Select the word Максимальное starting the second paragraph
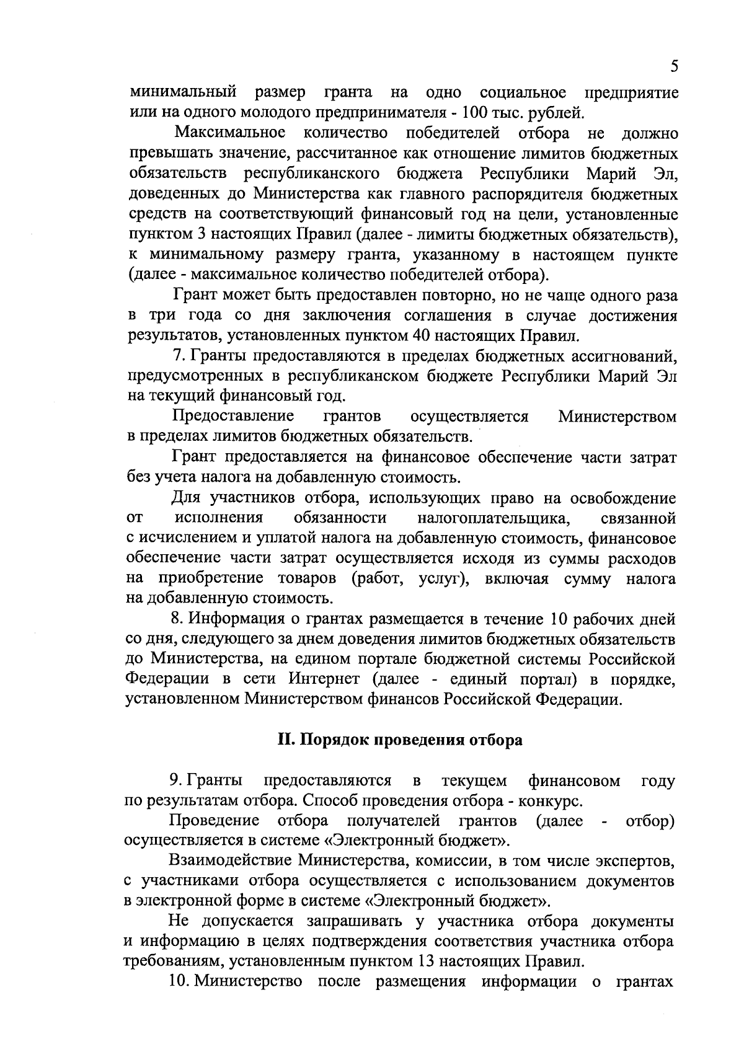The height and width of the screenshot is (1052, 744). (x=229, y=133)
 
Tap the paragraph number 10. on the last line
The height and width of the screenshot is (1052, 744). (x=179, y=982)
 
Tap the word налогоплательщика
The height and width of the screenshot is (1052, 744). (x=494, y=518)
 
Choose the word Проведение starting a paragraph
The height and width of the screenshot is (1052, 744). (x=215, y=821)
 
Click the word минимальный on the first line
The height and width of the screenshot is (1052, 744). (x=184, y=93)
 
